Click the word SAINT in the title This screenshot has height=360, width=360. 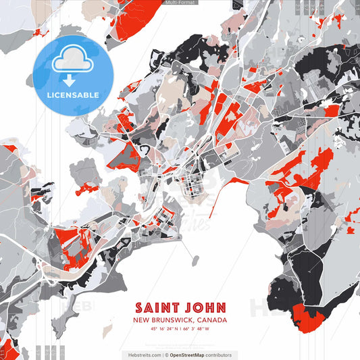[157, 307]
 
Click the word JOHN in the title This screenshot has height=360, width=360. [203, 307]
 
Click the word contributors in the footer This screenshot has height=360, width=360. [218, 355]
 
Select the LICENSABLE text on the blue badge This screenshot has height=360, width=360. [72, 95]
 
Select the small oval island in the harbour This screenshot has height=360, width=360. [195, 260]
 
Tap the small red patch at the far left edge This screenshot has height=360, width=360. [9, 148]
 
